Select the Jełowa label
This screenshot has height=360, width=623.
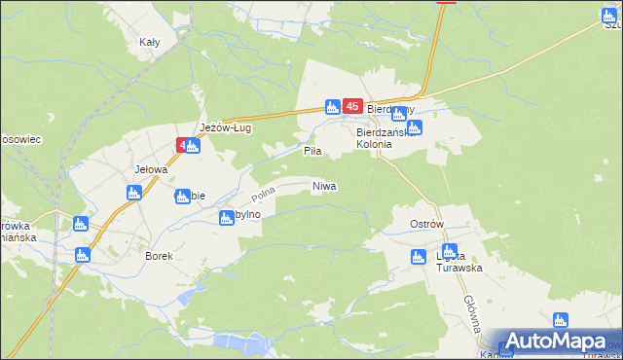pos(151,168)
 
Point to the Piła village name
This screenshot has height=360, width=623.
pos(312,152)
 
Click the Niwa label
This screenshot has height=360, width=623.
pos(324,185)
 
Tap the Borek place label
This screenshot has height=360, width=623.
pos(159,256)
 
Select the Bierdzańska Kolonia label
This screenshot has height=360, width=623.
pos(387,137)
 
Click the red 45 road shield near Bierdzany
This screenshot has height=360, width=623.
pos(353,106)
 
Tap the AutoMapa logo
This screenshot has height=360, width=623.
pos(556,342)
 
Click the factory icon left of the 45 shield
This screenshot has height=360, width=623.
pos(332,106)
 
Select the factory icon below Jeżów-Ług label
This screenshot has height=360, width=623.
pos(193,146)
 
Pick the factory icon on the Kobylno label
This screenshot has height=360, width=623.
pos(226,218)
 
